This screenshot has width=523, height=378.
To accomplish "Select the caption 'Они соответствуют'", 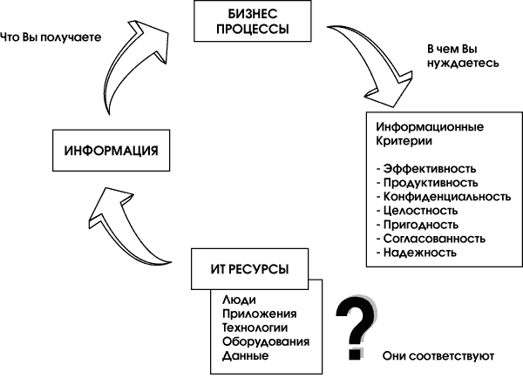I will tap(438, 356).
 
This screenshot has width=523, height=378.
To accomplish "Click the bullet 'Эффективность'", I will tap(427, 169).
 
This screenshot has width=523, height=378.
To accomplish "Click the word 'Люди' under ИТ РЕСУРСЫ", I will tap(239, 299).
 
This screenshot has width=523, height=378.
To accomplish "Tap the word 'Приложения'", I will tap(260, 314).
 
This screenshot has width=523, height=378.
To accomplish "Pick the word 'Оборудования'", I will tap(267, 342).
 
